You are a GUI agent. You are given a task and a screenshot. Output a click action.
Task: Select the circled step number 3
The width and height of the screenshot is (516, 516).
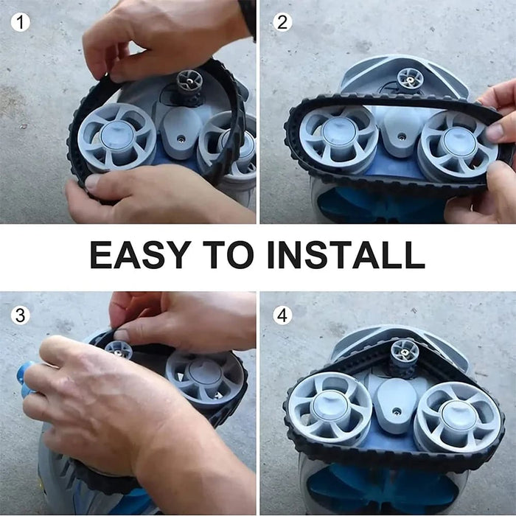coord(21,315)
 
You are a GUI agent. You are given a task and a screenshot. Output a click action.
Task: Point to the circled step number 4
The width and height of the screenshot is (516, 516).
coord(282,315)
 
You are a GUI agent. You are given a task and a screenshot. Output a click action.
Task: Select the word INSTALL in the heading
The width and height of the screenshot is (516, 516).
coord(346,255)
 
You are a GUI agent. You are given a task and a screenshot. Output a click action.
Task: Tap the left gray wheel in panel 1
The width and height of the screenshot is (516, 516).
coord(116,136)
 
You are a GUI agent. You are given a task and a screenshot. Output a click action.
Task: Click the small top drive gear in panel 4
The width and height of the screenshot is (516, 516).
coord(404,353)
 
